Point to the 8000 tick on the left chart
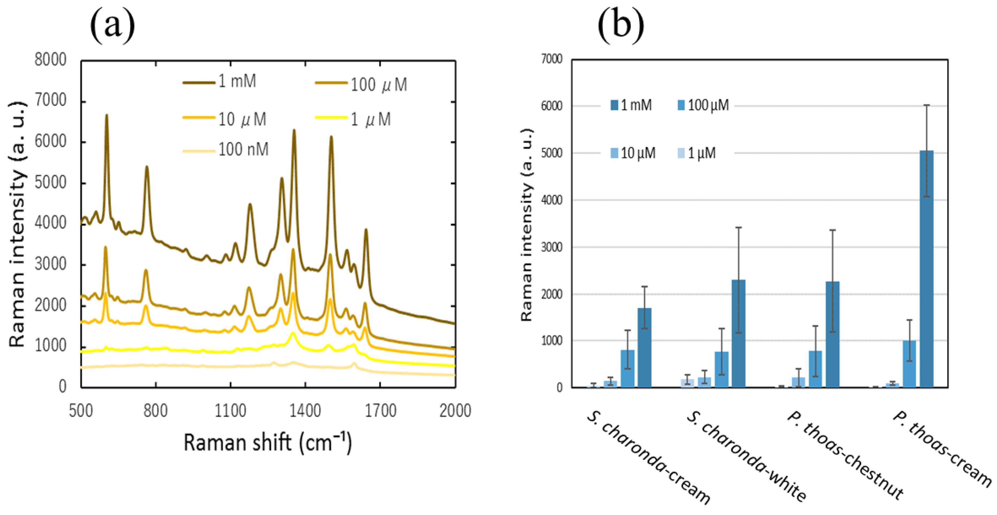pyautogui.click(x=50, y=60)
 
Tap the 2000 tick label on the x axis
pyautogui.click(x=455, y=411)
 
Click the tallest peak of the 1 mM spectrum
pyautogui.click(x=107, y=115)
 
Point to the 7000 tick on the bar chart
pyautogui.click(x=552, y=59)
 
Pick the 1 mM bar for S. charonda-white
pyautogui.click(x=738, y=333)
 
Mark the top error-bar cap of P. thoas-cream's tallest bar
pyautogui.click(x=927, y=105)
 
